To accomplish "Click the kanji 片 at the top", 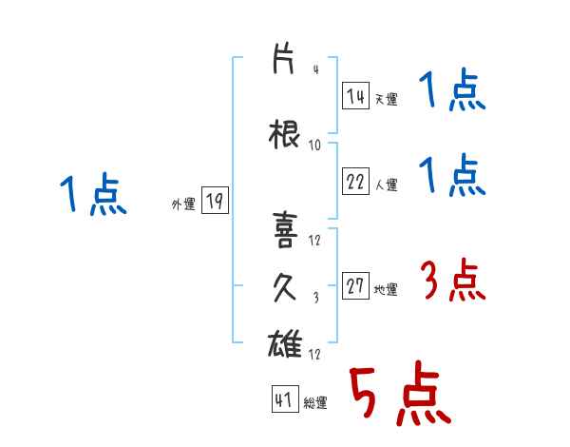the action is pyautogui.click(x=283, y=59).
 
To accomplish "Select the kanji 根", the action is pyautogui.click(x=284, y=134).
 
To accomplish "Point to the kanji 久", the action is pyautogui.click(x=284, y=287).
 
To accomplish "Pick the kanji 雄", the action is pyautogui.click(x=285, y=343).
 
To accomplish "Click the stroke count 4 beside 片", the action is pyautogui.click(x=316, y=69).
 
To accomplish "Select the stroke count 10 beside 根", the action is pyautogui.click(x=314, y=146).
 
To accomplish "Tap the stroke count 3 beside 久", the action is pyautogui.click(x=316, y=298).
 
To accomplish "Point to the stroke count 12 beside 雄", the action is pyautogui.click(x=314, y=354).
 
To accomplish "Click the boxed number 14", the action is pyautogui.click(x=355, y=96).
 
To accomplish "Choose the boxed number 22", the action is pyautogui.click(x=355, y=181).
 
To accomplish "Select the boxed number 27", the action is pyautogui.click(x=355, y=285).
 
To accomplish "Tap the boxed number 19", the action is pyautogui.click(x=215, y=200).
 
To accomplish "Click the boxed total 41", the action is pyautogui.click(x=285, y=398).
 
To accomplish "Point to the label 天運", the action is pyautogui.click(x=386, y=99).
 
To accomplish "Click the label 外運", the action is pyautogui.click(x=183, y=204).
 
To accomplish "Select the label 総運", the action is pyautogui.click(x=315, y=403).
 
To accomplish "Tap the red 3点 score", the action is pyautogui.click(x=453, y=280).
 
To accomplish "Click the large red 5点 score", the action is pyautogui.click(x=400, y=393).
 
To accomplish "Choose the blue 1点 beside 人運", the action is pyautogui.click(x=452, y=175).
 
